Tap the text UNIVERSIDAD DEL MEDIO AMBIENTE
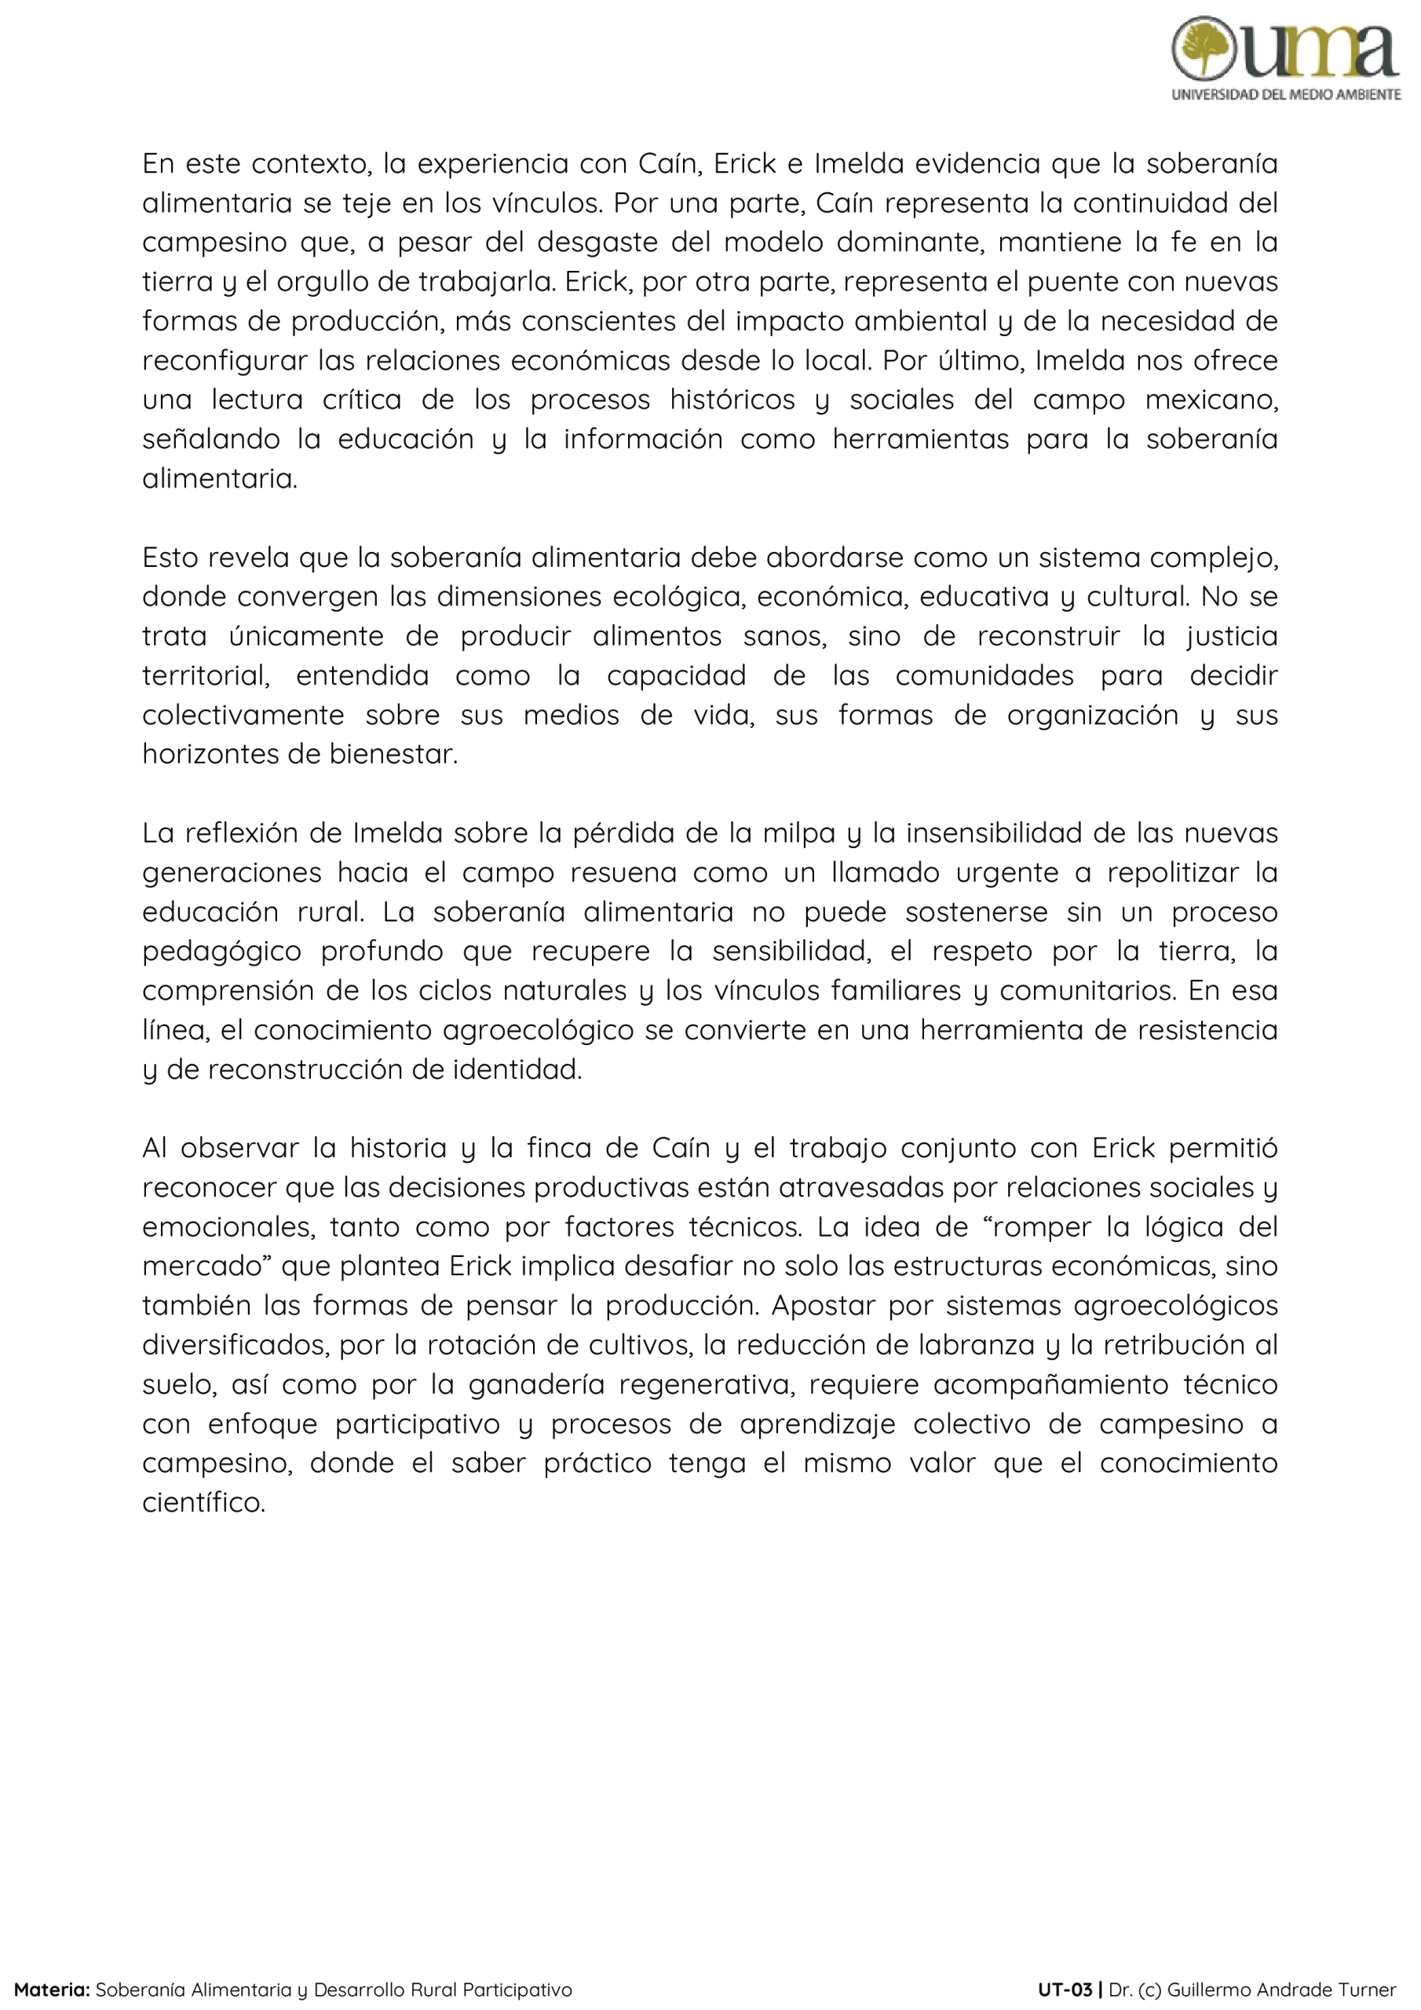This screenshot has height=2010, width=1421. click(1285, 94)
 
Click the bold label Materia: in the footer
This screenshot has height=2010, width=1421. click(52, 1989)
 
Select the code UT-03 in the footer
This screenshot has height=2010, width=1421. click(1065, 1989)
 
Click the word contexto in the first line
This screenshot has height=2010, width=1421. click(309, 164)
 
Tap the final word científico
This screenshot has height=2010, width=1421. click(203, 1503)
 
